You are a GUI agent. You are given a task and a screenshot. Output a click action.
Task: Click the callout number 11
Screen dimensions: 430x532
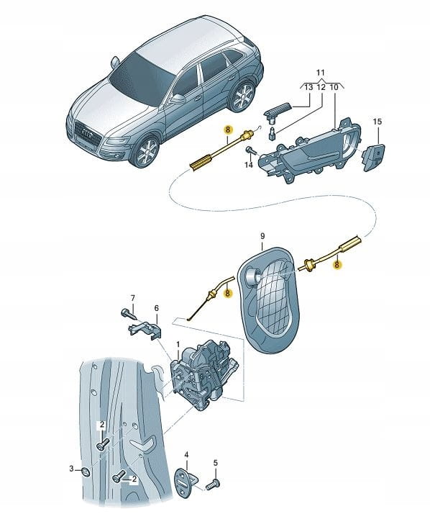point(320,73)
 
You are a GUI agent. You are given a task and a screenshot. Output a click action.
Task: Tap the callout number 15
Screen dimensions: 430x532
point(377,122)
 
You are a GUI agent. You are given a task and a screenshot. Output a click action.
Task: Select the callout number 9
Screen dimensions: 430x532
point(263,236)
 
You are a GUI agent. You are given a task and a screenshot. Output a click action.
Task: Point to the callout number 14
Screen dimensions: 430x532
point(249,165)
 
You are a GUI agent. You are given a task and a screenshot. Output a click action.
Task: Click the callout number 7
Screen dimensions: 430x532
point(133,298)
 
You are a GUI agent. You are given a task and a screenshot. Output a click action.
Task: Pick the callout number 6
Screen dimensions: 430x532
point(156,308)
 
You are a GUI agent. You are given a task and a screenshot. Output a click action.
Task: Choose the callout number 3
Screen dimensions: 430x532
point(71,469)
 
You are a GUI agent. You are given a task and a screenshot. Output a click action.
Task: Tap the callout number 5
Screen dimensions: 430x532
point(216,463)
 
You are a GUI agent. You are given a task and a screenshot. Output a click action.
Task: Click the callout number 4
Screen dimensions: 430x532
point(186,454)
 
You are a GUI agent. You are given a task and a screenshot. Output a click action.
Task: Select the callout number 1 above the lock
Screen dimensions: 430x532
point(178,345)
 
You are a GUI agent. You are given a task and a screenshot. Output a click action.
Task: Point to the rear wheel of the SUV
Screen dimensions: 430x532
point(242,96)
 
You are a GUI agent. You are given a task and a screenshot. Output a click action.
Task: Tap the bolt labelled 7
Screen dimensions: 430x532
point(128,313)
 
